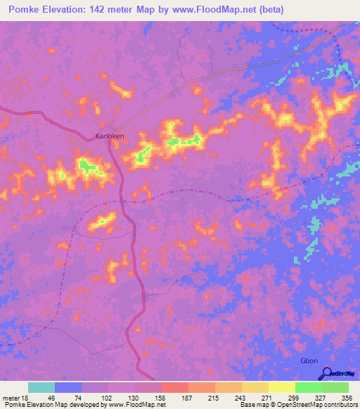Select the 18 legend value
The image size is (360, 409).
point(25,398)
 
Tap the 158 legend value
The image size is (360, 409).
point(162,398)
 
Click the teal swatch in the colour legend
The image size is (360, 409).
point(41,387)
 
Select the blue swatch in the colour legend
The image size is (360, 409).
point(68,387)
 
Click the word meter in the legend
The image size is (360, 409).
point(11,398)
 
